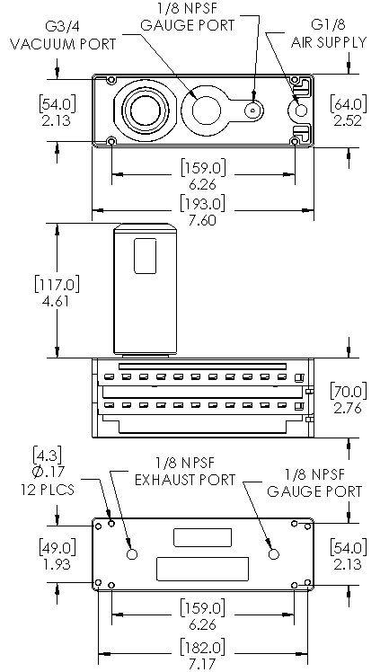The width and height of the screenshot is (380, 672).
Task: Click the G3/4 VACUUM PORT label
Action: (x=63, y=34)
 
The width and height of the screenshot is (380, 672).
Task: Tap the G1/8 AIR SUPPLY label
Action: (x=329, y=33)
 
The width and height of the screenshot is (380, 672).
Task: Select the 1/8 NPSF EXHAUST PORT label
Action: (x=185, y=471)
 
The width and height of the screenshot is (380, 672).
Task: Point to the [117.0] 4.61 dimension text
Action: (x=57, y=291)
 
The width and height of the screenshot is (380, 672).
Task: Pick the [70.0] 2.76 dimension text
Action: (x=349, y=399)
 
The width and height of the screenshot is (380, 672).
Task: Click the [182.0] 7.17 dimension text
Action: (x=202, y=654)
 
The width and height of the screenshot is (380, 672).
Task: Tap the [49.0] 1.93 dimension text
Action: (x=57, y=555)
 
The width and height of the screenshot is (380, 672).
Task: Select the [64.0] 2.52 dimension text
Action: (x=349, y=111)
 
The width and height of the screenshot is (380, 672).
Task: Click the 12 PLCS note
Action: (x=48, y=489)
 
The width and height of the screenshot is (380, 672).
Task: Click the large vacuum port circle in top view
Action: (x=145, y=111)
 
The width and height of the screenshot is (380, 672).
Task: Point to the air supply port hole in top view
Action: (x=301, y=111)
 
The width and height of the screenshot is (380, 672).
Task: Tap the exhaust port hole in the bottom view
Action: (x=132, y=554)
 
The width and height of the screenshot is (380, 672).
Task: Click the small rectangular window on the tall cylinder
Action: (x=146, y=256)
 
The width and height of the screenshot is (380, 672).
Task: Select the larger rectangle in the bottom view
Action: (x=203, y=570)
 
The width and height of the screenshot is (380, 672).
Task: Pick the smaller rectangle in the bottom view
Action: (x=203, y=537)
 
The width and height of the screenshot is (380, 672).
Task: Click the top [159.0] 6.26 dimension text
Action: (x=203, y=175)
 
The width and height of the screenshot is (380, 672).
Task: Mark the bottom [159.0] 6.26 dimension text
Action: (x=203, y=615)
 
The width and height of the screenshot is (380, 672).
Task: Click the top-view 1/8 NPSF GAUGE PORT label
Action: (x=188, y=16)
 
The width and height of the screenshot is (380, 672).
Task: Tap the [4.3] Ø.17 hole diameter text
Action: (x=47, y=463)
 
